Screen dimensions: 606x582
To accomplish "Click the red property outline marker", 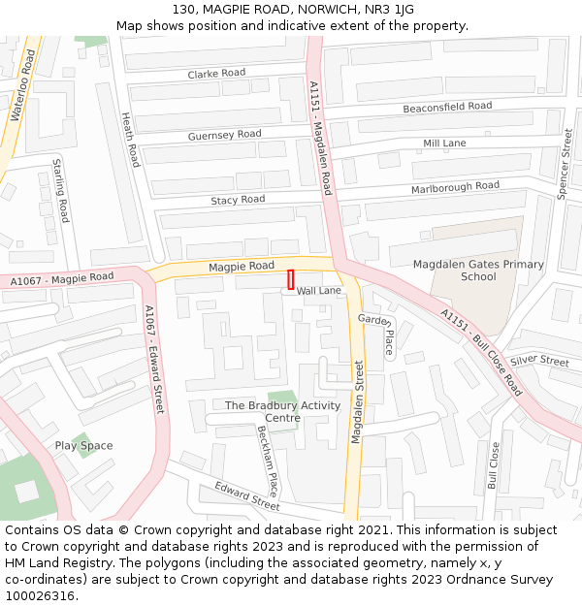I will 290,279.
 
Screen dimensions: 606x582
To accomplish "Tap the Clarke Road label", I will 216,74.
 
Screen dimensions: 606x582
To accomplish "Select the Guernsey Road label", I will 224,135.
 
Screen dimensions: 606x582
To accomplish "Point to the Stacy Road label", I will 238,200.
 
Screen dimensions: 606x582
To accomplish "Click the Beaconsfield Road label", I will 447,107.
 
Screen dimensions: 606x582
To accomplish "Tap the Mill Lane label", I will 444,144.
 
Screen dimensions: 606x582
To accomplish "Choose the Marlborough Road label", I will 455,186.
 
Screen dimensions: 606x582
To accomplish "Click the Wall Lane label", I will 319,291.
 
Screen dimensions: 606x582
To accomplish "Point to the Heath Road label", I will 130,138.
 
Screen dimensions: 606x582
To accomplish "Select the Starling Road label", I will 60,190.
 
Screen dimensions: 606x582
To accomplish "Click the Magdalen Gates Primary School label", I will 478,271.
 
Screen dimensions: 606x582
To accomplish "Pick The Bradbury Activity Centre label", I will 282,411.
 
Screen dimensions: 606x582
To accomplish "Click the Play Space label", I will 83,446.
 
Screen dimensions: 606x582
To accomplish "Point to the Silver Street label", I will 540,361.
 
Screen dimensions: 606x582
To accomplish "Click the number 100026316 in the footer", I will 39,595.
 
